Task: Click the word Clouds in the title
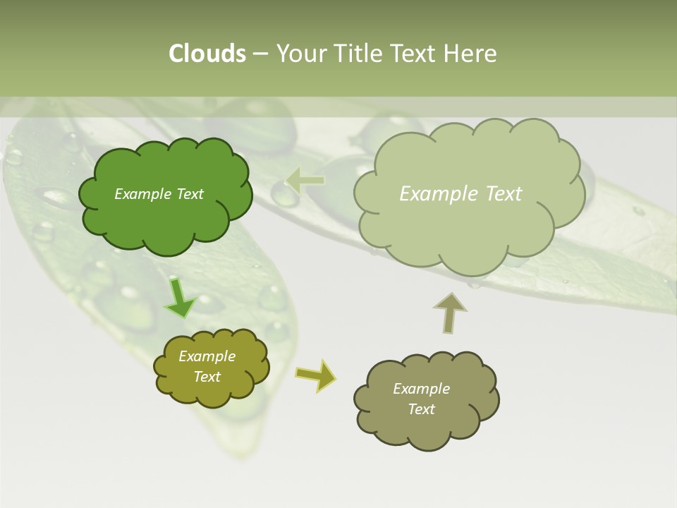click(207, 54)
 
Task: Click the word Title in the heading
click(358, 54)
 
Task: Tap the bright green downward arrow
click(181, 298)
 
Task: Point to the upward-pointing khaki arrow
click(449, 312)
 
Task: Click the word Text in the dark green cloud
click(188, 194)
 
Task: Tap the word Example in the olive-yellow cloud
click(207, 356)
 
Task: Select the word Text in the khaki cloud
click(421, 409)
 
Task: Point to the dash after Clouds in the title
click(260, 54)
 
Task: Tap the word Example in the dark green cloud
click(142, 194)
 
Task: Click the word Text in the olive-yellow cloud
click(207, 377)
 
